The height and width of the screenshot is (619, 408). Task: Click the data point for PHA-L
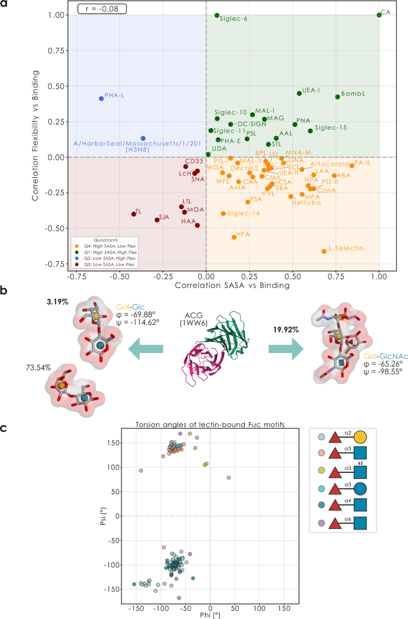101,98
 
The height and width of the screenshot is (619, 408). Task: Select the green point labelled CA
379,15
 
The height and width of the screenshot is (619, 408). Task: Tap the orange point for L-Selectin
324,252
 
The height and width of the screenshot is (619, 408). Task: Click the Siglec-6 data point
217,16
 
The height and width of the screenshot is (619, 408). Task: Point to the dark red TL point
133,214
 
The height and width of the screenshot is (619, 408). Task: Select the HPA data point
234,237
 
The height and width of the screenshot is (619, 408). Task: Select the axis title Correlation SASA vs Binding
224,286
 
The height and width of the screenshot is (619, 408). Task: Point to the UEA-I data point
299,94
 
